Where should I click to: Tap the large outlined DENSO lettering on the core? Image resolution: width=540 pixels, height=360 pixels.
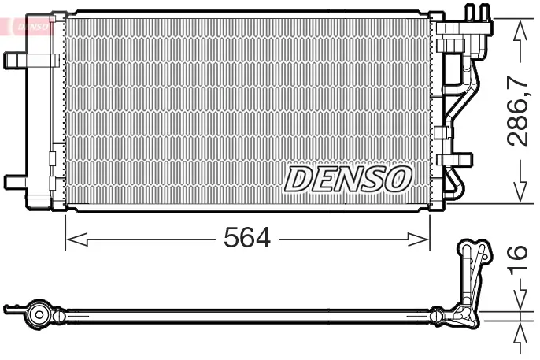coord(348,179)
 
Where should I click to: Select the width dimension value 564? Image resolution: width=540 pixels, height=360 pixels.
coord(248,237)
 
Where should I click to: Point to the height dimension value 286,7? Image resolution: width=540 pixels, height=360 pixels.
coord(518,111)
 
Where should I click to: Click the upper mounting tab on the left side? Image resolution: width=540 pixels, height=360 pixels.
coord(16,61)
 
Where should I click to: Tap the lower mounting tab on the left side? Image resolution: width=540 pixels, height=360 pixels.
coord(16,181)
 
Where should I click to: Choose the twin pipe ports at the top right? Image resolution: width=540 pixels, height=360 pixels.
coord(477,13)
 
